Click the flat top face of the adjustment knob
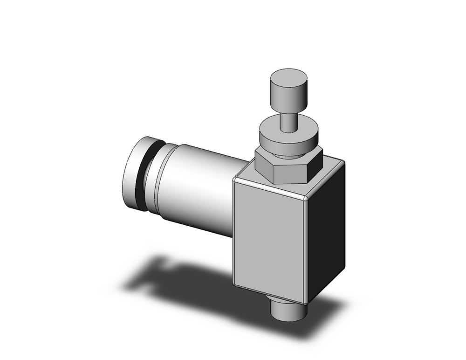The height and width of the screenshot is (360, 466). (x=289, y=77)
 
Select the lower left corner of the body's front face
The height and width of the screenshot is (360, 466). (x=234, y=283)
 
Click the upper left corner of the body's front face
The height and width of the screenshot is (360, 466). (x=235, y=180)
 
